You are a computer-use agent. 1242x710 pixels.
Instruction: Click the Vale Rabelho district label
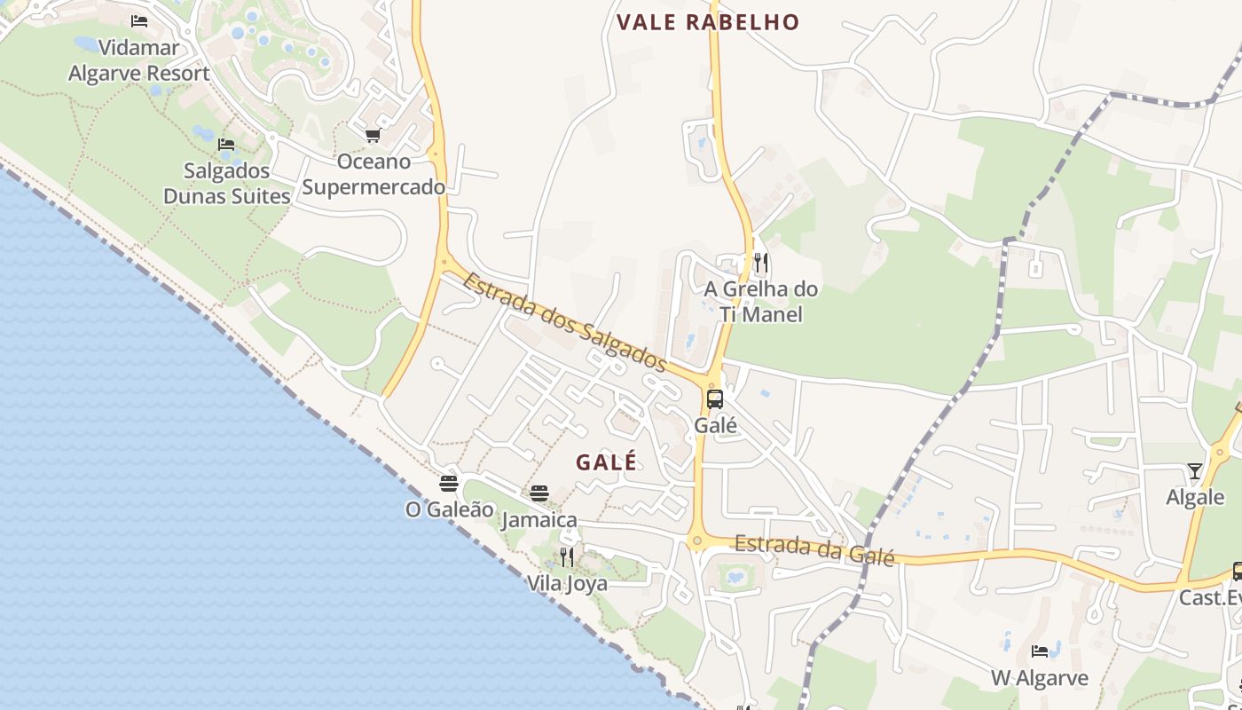tap(708, 22)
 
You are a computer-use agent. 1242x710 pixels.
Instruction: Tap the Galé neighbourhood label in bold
tap(606, 462)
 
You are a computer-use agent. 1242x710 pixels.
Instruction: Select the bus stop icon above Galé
tap(715, 398)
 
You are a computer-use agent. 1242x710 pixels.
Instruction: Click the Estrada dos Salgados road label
tap(564, 322)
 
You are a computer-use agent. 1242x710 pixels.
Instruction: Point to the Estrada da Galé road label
tap(814, 550)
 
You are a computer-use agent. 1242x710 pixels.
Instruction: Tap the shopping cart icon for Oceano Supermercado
tap(373, 136)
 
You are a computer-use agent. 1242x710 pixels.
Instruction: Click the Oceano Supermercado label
tap(373, 175)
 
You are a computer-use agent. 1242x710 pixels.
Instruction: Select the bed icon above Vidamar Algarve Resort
tap(139, 21)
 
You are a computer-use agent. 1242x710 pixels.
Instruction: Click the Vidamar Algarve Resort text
tap(139, 60)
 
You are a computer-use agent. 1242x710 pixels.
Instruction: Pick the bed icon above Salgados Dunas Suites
tap(226, 145)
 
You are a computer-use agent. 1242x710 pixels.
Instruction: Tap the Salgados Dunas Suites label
tap(227, 184)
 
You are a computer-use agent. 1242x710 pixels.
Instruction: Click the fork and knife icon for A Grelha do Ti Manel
tap(760, 262)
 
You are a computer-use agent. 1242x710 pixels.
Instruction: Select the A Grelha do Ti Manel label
tap(760, 302)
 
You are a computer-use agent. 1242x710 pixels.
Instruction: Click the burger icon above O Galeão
tap(449, 484)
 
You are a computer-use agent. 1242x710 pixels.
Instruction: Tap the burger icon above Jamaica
tap(539, 493)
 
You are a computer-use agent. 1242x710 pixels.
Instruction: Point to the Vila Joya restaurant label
tap(567, 583)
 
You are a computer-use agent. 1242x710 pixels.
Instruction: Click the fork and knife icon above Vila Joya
tap(567, 557)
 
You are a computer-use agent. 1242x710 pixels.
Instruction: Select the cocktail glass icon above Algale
tap(1195, 471)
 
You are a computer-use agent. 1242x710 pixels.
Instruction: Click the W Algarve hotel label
tap(1039, 678)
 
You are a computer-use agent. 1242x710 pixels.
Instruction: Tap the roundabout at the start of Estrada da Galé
tap(697, 540)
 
